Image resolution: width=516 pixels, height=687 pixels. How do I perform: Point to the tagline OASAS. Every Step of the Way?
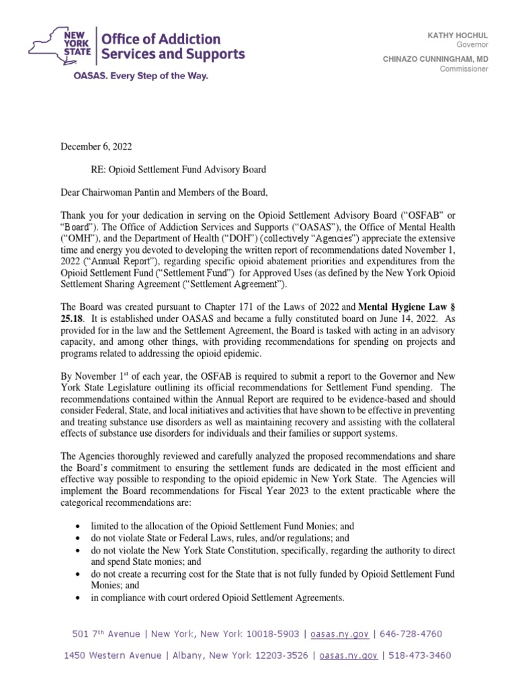pos(140,76)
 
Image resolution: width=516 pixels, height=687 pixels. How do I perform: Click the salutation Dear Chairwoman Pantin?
pos(120,193)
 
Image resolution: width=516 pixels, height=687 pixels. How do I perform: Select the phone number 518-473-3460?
pos(417,655)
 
